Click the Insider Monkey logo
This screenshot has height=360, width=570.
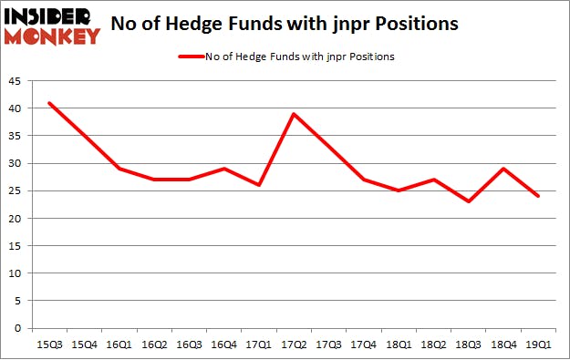point(53,26)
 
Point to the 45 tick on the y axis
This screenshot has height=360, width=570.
point(16,81)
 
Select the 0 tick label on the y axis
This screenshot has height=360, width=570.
point(19,328)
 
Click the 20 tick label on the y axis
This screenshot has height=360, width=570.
point(16,219)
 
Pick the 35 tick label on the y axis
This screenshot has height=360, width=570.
point(16,136)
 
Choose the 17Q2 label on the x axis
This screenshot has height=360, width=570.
point(294,344)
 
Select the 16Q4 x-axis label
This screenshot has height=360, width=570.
point(223,344)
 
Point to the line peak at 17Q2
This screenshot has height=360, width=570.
point(294,114)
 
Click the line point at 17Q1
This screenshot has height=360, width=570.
point(258,185)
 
